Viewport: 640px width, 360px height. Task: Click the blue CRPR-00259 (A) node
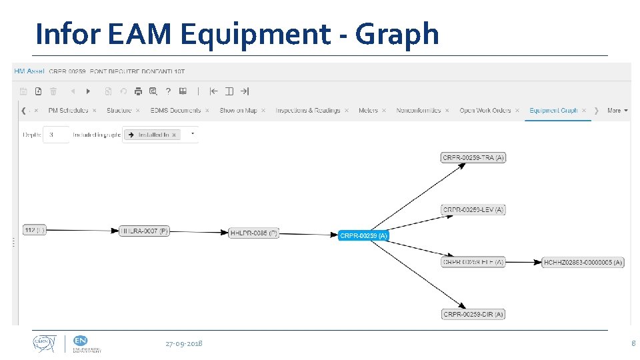pos(363,235)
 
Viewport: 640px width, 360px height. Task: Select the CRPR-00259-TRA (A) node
pos(473,157)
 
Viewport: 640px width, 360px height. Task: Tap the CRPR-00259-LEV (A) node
pos(473,209)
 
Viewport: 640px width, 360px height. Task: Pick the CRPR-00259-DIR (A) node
pos(473,314)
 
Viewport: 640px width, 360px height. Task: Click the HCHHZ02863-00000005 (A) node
pos(583,262)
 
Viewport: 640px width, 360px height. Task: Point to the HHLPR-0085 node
pos(253,233)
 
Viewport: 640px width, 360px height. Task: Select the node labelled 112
pos(34,230)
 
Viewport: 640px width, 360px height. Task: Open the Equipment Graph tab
pos(553,111)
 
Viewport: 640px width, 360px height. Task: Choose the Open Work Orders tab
pos(485,111)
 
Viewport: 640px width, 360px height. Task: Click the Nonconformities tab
pos(419,111)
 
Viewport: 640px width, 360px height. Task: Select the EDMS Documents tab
pos(175,111)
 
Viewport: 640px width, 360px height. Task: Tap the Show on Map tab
pos(238,111)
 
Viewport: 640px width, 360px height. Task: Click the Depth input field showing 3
pos(56,135)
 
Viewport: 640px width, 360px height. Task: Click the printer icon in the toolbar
pos(138,91)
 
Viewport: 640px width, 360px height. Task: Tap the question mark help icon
pos(168,91)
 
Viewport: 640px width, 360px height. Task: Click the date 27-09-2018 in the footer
pos(184,343)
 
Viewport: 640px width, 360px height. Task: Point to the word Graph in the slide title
pos(397,33)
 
